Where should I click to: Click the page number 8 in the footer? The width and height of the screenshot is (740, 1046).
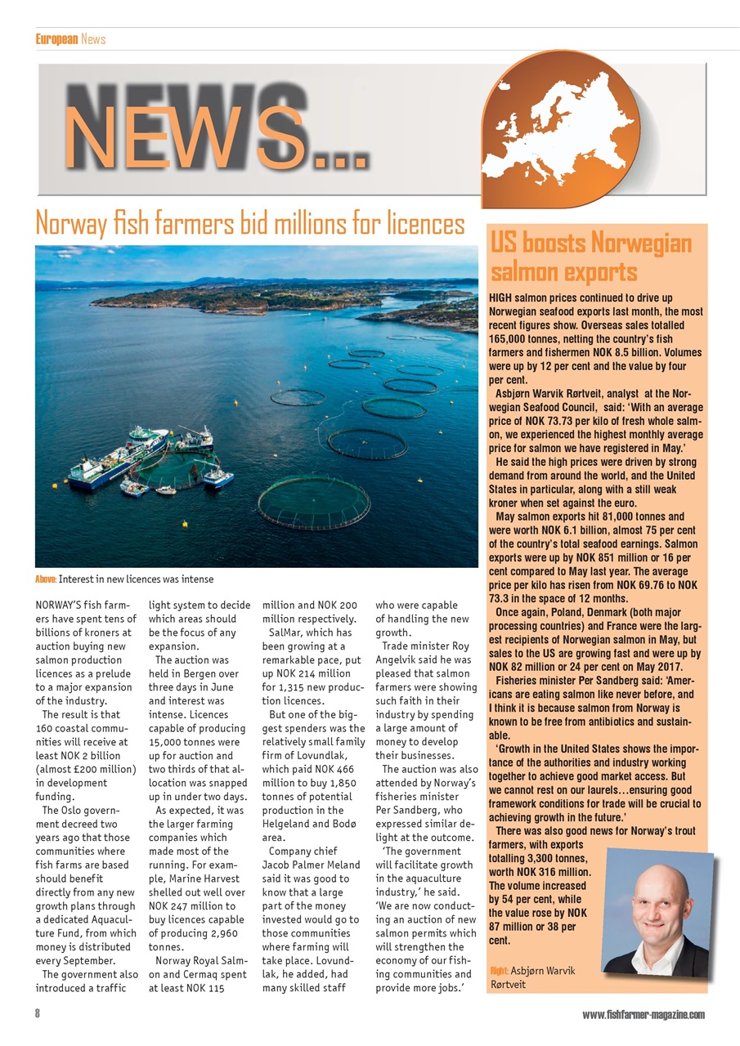pos(38,1014)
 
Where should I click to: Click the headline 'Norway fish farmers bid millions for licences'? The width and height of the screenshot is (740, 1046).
pos(249,223)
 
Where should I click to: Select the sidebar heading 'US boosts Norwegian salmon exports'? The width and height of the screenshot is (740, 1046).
pos(590,257)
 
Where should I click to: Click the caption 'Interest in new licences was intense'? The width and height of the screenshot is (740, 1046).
pos(136,579)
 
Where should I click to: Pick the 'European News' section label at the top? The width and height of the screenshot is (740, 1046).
pos(70,38)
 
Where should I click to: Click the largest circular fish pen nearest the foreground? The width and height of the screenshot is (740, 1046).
pos(313,501)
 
